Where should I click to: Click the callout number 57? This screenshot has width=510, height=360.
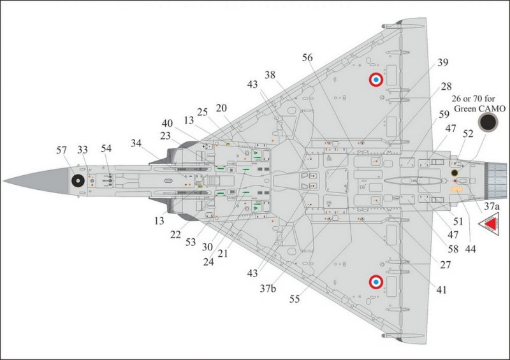pos(61,150)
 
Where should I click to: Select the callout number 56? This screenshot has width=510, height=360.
pos(307,57)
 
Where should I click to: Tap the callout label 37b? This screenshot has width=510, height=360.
pos(268,289)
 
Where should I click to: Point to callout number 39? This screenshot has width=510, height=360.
pos(442,62)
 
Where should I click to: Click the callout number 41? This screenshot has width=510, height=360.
pos(441,290)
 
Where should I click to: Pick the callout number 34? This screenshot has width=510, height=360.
pos(136,143)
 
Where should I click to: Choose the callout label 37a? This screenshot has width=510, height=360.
pos(492,206)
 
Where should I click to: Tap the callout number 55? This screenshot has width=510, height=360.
pos(295,299)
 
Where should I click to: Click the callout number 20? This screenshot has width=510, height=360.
pos(221,108)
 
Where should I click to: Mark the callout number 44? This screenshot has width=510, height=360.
pos(470,249)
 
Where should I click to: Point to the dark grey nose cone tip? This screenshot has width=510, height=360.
pos(4,180)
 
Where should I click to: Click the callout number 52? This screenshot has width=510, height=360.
pos(468,134)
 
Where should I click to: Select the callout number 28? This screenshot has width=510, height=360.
pos(446,87)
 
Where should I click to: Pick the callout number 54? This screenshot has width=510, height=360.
pos(106,148)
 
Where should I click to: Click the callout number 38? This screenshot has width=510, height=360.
pos(270,75)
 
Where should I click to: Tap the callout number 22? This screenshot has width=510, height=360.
pos(175,234)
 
